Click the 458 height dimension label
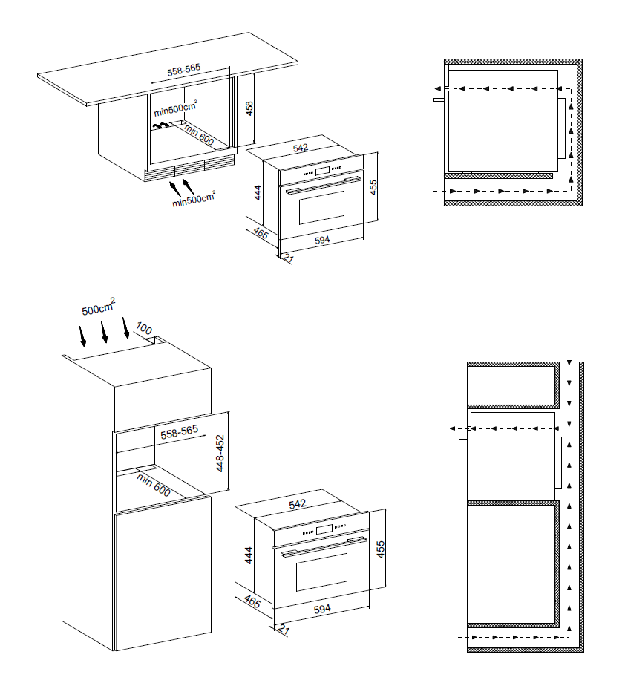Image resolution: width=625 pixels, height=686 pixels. [x=249, y=108]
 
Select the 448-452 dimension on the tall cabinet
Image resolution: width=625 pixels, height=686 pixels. [x=220, y=453]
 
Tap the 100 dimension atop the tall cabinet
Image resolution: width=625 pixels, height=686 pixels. [x=144, y=328]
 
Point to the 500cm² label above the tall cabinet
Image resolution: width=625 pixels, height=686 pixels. [x=99, y=306]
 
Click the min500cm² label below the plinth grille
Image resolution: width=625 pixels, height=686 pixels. [x=194, y=199]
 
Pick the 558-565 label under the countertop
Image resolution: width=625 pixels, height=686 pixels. [x=183, y=70]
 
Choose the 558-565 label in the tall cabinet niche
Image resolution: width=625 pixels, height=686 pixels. [x=180, y=432]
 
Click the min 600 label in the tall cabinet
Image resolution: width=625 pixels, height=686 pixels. [x=153, y=485]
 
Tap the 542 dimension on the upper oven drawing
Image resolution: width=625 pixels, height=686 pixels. [x=301, y=148]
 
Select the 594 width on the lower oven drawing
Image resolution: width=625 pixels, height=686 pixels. [x=322, y=609]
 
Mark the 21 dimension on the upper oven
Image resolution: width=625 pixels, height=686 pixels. [x=288, y=258]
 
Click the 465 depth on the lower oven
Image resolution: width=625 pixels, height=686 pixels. [x=252, y=601]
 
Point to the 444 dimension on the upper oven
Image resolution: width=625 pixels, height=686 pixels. [x=258, y=193]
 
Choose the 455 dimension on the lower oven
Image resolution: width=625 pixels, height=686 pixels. [x=381, y=549]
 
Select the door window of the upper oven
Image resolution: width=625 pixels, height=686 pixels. [x=321, y=207]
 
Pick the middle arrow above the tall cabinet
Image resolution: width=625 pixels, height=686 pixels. [x=105, y=333]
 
